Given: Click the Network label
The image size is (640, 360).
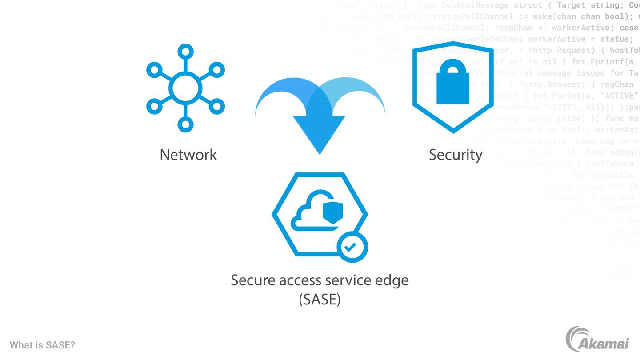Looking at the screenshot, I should point(188,155).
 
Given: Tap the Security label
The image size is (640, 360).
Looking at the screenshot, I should point(455,155).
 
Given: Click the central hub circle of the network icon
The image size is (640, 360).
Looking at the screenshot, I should point(185,88).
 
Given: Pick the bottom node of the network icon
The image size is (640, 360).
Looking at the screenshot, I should point(185,124).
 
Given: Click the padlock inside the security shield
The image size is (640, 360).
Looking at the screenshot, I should point(453,83).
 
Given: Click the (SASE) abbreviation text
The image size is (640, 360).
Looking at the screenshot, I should point(320,299).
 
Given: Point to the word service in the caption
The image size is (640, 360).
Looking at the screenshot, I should point(348,280).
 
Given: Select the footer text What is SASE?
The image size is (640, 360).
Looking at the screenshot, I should point(42,345).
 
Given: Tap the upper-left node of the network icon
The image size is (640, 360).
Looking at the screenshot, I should point(154,70).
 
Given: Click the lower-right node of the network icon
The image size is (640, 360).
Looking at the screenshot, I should point(217,106).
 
